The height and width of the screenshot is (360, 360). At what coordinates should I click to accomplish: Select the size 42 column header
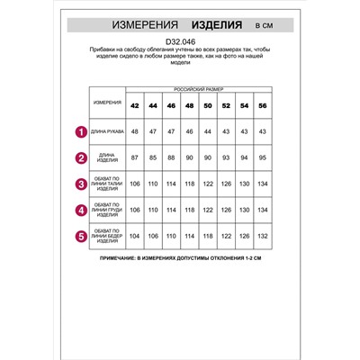pos(135,105)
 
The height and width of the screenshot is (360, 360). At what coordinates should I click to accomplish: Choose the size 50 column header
pos(206,105)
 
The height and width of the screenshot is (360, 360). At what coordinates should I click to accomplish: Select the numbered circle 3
pos(80,185)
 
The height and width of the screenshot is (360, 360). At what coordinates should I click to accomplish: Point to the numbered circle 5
pos(80,238)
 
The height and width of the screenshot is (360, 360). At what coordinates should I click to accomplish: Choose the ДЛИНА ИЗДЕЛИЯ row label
pos(106,159)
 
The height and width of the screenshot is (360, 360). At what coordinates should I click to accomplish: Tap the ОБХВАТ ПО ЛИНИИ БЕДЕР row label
pos(106,238)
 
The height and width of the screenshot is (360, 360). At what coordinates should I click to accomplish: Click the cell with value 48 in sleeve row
pos(135,133)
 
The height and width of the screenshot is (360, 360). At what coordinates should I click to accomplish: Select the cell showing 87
pos(135,159)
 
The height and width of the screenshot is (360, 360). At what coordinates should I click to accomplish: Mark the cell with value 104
pos(135,238)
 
